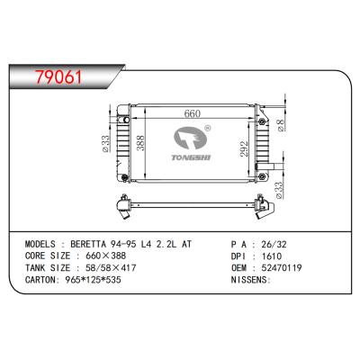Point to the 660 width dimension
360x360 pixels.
[x=190, y=114]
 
